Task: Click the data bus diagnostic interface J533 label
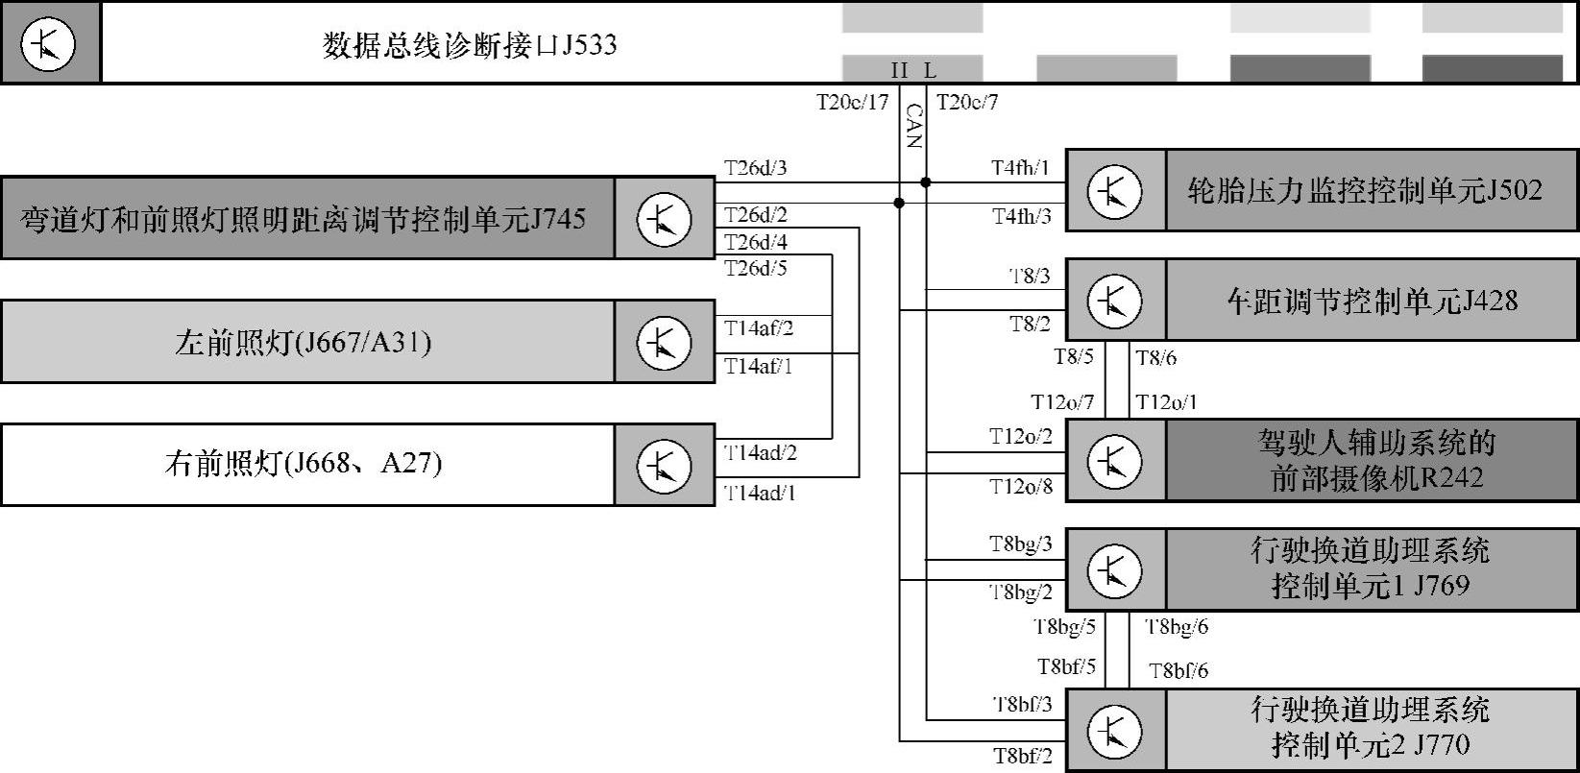(x=470, y=45)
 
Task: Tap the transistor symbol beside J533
(x=48, y=44)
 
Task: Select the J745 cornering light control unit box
(x=307, y=218)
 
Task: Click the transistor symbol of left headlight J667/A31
(x=664, y=342)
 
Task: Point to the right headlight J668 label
(x=304, y=465)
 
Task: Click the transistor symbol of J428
(x=1114, y=301)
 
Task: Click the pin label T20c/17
(x=853, y=102)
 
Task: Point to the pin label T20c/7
(x=967, y=102)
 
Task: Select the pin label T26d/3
(x=756, y=169)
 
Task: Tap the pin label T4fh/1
(x=1020, y=169)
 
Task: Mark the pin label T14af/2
(x=759, y=328)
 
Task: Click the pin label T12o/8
(x=1021, y=488)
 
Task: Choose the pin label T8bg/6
(x=1177, y=628)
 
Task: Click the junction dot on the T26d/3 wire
(x=926, y=182)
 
